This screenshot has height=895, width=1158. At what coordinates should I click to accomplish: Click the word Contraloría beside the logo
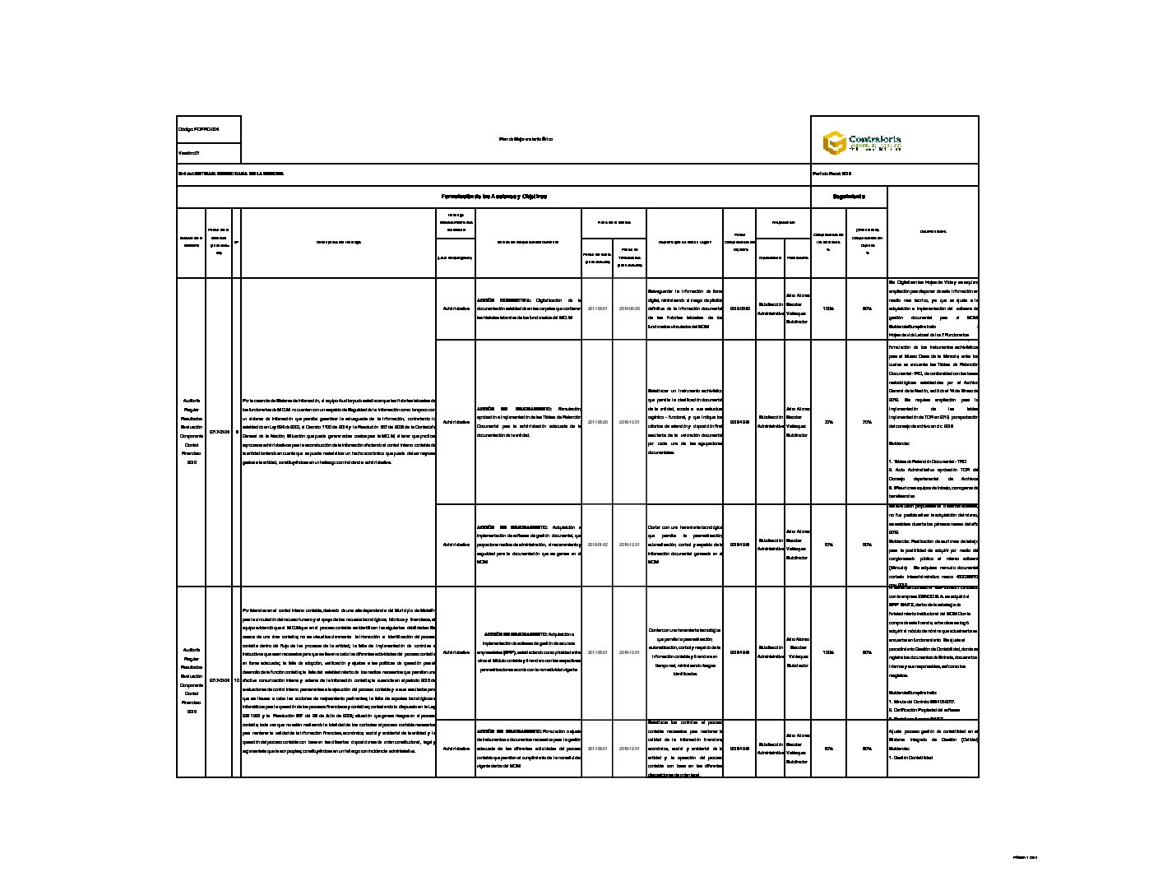(874, 140)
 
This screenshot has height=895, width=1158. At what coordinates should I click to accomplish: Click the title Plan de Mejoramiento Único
(526, 139)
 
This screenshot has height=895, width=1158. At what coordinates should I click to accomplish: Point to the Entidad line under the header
(230, 174)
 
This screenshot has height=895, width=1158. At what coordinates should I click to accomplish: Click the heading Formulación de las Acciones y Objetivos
(493, 197)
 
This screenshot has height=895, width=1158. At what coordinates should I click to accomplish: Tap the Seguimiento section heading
(849, 197)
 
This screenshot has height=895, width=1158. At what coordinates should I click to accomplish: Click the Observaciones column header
(933, 231)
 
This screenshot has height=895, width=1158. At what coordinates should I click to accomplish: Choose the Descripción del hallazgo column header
(338, 242)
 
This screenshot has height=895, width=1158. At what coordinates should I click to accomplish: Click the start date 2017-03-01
(597, 308)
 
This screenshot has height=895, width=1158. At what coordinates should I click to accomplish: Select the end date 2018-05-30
(629, 308)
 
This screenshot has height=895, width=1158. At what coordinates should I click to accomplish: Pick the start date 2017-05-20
(597, 422)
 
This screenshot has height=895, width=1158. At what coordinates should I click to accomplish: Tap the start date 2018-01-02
(597, 545)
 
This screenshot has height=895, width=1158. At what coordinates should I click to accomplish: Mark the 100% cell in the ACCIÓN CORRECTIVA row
(828, 308)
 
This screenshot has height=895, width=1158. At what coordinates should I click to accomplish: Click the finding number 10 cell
(237, 681)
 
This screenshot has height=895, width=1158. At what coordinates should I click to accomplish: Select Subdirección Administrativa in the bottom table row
(770, 749)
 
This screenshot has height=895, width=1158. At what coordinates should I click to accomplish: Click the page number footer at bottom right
(1025, 857)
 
